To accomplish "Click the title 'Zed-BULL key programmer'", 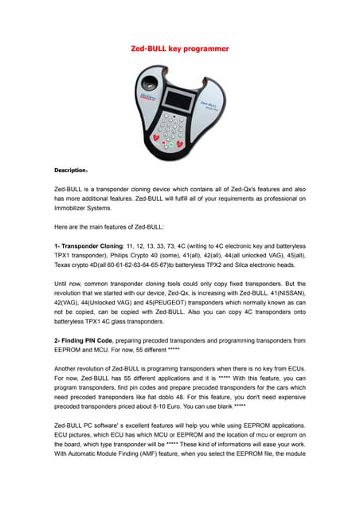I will (x=180, y=49).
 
